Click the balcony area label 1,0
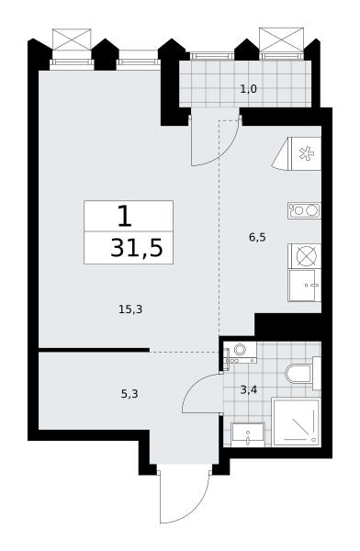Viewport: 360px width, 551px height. click(x=249, y=89)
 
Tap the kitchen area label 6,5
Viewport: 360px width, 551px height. click(x=257, y=238)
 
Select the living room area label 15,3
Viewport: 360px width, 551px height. click(x=130, y=309)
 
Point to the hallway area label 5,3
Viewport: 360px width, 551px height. click(x=129, y=394)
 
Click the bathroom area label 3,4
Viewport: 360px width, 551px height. click(x=249, y=389)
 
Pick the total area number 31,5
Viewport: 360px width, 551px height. click(x=137, y=248)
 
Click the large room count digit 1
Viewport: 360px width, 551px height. click(x=125, y=217)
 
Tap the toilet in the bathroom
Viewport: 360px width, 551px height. click(x=302, y=374)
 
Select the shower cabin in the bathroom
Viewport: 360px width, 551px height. click(x=297, y=422)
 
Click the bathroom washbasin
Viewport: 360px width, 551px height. click(x=248, y=434)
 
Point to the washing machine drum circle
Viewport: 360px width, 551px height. click(x=241, y=350)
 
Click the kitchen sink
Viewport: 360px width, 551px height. click(x=304, y=286)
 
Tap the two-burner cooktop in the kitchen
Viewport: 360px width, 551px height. click(x=304, y=210)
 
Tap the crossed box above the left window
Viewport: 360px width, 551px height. click(x=72, y=39)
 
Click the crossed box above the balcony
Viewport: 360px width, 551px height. click(x=281, y=39)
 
